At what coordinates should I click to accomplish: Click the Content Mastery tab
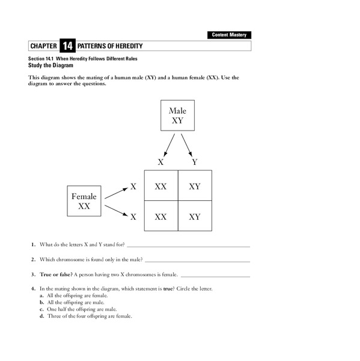coord(230,35)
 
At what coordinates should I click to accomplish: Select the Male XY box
coord(177,116)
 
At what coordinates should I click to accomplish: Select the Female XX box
coord(84,201)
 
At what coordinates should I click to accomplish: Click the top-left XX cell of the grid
coord(160,187)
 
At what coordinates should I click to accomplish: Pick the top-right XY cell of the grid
coord(195,187)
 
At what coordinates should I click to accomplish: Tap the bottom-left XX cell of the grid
coord(160,217)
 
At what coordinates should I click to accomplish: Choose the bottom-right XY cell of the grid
coord(195,217)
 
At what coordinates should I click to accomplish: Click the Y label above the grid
coord(194,162)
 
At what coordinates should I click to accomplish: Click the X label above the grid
coord(160,162)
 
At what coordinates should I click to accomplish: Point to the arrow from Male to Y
coord(186,144)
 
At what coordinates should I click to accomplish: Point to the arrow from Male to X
coord(169,144)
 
